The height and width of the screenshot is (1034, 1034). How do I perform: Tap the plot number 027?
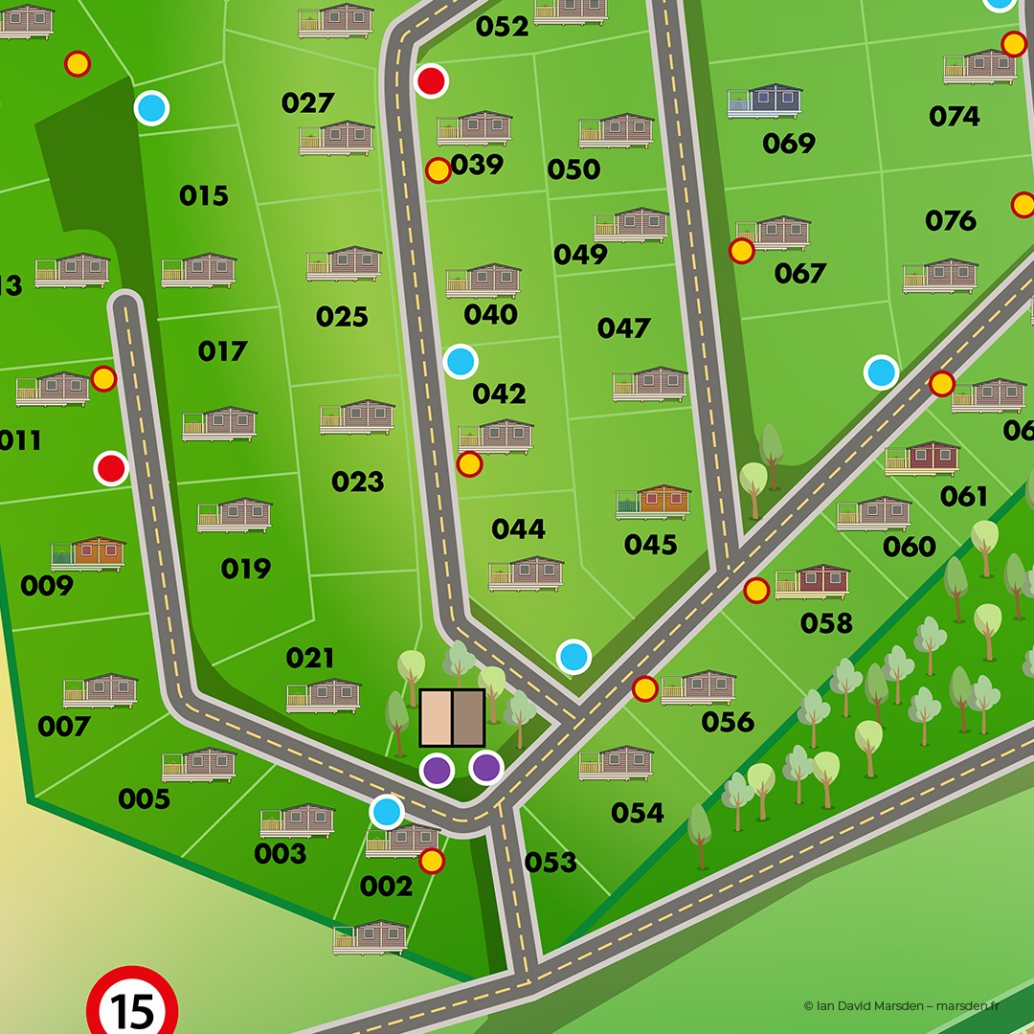307,103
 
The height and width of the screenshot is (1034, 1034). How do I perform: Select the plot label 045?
650,545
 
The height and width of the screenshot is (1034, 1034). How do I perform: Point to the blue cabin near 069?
764,101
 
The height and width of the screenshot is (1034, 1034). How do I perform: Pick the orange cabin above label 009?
88,553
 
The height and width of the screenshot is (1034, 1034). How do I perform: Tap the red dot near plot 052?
431,81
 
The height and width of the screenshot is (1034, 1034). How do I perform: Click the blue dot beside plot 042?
461,361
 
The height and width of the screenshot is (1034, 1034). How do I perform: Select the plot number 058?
825,623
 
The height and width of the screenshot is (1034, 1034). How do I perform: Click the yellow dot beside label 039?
438,170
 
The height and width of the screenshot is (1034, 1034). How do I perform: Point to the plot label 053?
551,863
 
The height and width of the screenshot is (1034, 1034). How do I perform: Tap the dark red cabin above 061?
921,458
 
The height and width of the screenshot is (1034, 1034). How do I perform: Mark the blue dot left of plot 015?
151,108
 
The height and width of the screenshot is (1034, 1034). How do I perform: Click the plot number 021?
309,658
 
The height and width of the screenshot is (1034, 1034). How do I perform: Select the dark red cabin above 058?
812,581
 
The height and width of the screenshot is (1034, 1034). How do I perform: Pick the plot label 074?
954,117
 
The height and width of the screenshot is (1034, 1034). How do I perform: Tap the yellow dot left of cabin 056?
644,688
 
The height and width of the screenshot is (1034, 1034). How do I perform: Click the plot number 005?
144,798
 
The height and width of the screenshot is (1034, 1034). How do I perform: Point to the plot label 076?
950,221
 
